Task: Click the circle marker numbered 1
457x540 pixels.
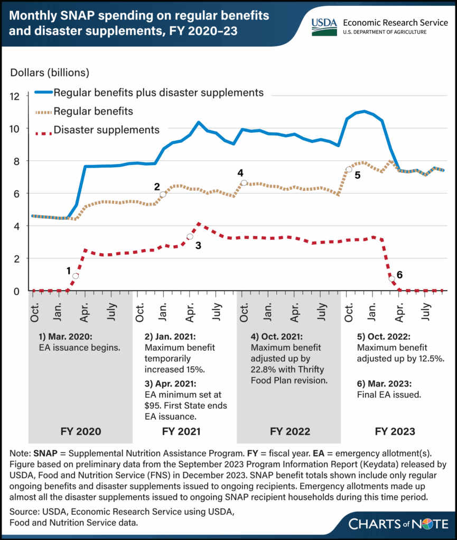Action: coord(76,276)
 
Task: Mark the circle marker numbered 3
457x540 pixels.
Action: coord(190,236)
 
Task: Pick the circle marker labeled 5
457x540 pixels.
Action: coord(349,169)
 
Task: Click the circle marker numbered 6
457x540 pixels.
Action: coord(391,278)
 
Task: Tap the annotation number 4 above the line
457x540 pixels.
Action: coord(240,172)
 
